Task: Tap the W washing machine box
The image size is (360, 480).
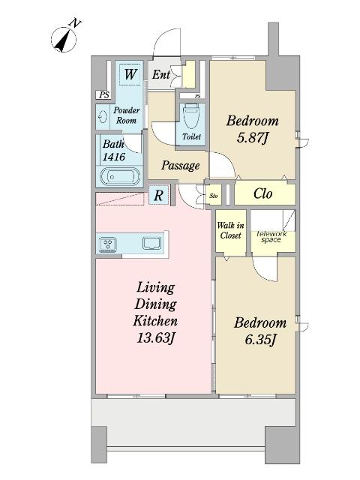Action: point(130,74)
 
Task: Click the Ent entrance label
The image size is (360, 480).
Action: point(161,74)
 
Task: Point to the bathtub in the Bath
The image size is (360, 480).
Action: point(120,177)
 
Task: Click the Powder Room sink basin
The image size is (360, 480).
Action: point(103,117)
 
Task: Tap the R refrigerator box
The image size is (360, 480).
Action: point(158,195)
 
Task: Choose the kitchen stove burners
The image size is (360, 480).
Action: point(108,244)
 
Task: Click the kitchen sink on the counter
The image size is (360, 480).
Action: point(151,243)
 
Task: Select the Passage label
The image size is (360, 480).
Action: point(181,166)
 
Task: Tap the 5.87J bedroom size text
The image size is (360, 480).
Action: point(253,138)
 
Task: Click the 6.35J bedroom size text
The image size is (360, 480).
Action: point(260,340)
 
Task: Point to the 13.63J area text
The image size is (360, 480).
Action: point(155,338)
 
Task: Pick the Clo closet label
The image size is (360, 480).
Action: point(263,193)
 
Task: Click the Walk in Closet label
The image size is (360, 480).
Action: point(231,230)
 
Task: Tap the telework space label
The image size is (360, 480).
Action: point(271,237)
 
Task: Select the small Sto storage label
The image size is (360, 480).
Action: point(214,195)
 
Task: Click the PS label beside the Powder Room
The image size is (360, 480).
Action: point(104,95)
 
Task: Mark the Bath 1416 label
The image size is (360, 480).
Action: point(113,150)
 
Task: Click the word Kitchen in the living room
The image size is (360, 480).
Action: point(155,321)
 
